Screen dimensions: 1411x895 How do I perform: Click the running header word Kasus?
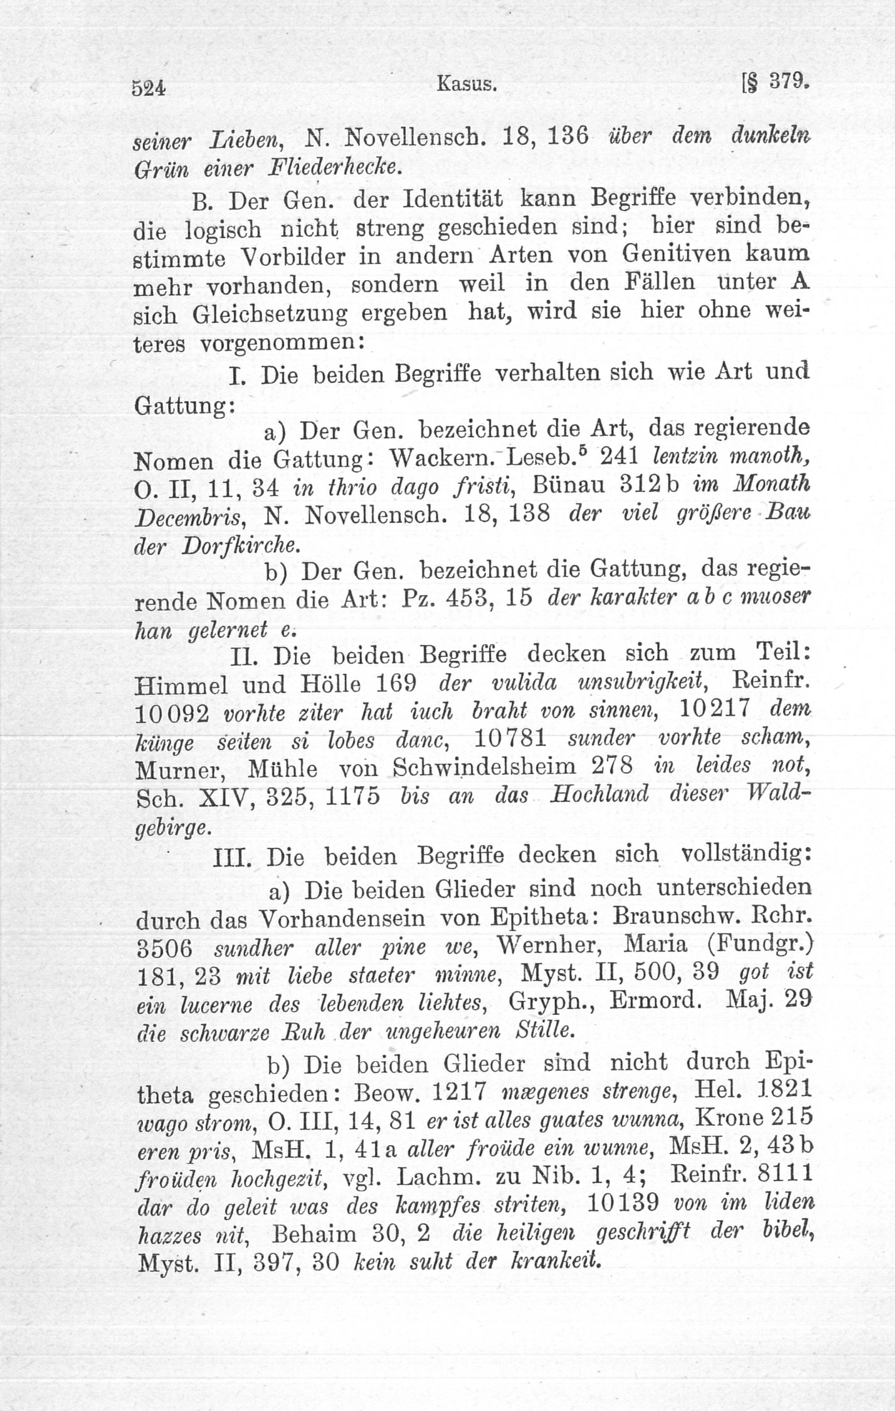(x=467, y=85)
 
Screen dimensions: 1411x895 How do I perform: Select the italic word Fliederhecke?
(x=335, y=168)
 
